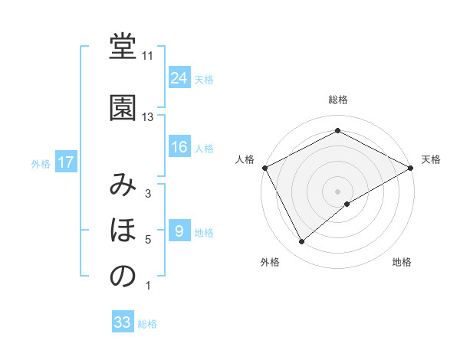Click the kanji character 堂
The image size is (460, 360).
click(x=123, y=48)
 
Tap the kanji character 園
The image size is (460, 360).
click(x=123, y=108)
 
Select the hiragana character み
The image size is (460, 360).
click(x=123, y=185)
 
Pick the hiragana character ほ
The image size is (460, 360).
click(x=123, y=231)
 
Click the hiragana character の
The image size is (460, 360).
click(x=123, y=277)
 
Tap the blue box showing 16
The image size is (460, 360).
click(x=179, y=148)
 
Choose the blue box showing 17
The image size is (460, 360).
click(x=65, y=162)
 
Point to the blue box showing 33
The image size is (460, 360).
click(x=123, y=322)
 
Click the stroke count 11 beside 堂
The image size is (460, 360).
click(x=147, y=56)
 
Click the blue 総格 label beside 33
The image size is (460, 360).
click(x=147, y=324)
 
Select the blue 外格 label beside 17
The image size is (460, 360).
click(x=41, y=163)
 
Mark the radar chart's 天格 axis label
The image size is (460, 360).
click(x=432, y=160)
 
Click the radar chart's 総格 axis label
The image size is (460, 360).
click(x=338, y=100)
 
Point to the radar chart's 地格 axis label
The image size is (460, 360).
click(x=402, y=263)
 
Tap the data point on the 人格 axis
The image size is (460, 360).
click(x=264, y=168)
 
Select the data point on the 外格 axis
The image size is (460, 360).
click(x=301, y=242)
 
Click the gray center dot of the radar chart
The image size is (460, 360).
click(x=338, y=191)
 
